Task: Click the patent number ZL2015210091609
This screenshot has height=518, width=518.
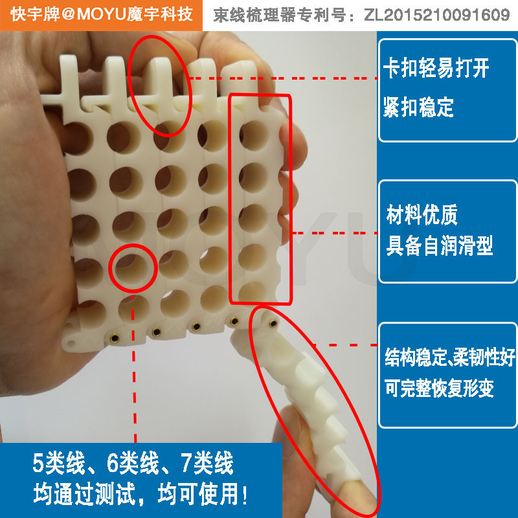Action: coord(437,15)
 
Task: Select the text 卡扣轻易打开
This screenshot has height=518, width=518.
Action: coord(436,67)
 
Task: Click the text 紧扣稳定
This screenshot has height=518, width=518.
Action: coord(418,107)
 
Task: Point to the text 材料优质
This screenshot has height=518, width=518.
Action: coord(422,214)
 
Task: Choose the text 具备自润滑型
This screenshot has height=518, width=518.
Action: coord(440,245)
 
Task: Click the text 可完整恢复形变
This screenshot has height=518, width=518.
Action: coord(439,388)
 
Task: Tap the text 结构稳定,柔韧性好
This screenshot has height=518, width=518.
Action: coord(449,357)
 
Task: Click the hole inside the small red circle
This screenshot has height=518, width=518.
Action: coord(132,268)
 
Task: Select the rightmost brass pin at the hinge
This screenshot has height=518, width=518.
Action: coord(273,323)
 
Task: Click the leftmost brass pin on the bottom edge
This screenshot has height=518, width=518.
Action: coord(115,338)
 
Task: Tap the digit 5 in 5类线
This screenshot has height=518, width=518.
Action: coord(38,463)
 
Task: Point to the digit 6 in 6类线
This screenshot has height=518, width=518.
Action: coord(112,463)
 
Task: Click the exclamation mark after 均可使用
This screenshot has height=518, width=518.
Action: coord(245,494)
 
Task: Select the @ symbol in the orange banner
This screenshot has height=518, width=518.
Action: coord(68,14)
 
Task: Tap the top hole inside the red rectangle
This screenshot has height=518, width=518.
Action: coord(254,135)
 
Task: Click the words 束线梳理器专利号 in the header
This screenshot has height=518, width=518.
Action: coord(280,15)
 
